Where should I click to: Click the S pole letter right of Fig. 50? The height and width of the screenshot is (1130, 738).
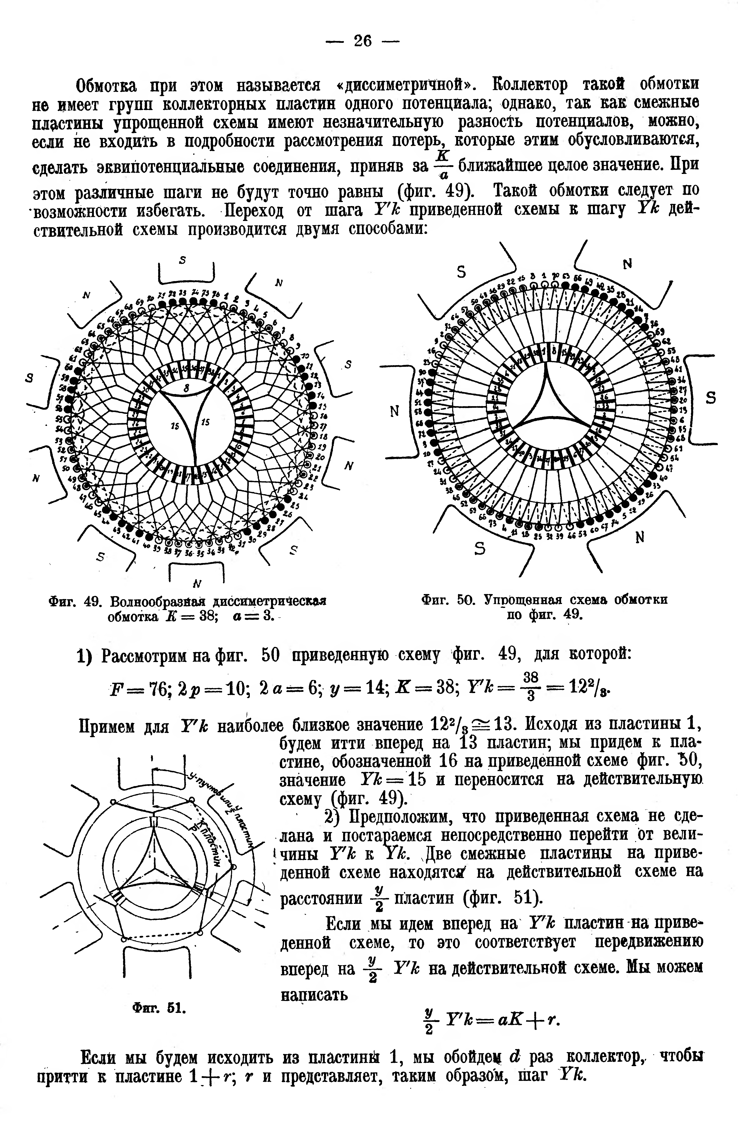coord(711,398)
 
